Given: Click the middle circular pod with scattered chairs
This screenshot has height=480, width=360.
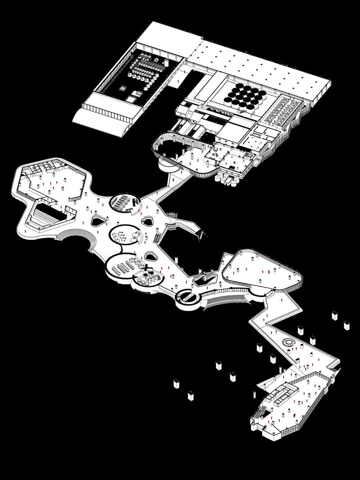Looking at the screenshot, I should click(x=124, y=234).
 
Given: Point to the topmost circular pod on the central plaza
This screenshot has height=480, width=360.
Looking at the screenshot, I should click(x=125, y=202).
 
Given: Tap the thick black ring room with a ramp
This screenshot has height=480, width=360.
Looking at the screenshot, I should click(x=189, y=297).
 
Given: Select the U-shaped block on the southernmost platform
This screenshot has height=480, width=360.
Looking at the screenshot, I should click(x=283, y=393).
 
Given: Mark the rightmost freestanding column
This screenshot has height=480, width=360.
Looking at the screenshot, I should click(x=347, y=325).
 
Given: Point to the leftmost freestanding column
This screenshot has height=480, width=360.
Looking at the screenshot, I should click(x=176, y=383).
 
